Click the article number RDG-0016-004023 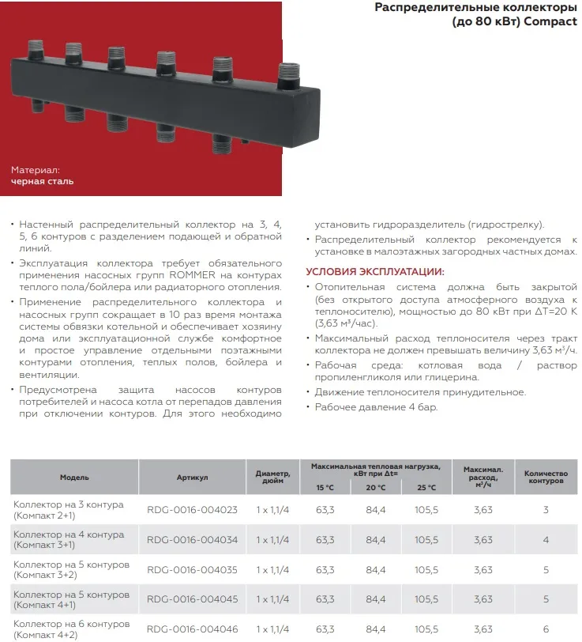(192, 510)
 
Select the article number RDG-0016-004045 (192, 599)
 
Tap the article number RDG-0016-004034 (192, 540)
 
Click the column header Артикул (192, 478)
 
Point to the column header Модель (74, 478)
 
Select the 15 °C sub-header (325, 487)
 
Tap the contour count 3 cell (546, 510)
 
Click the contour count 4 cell (546, 540)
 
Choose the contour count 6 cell (546, 629)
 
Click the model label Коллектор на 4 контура (69, 534)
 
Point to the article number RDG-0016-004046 (192, 629)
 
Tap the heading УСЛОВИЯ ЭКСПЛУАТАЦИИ (374, 272)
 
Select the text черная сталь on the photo (43, 182)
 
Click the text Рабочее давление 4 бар (376, 407)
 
